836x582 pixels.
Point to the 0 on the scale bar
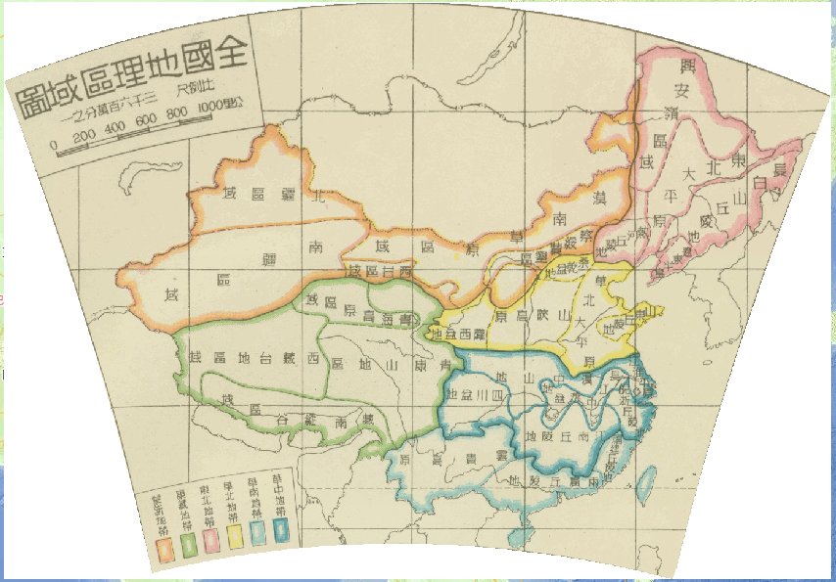(55, 149)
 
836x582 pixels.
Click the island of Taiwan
(646, 480)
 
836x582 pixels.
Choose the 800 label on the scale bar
(178, 115)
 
